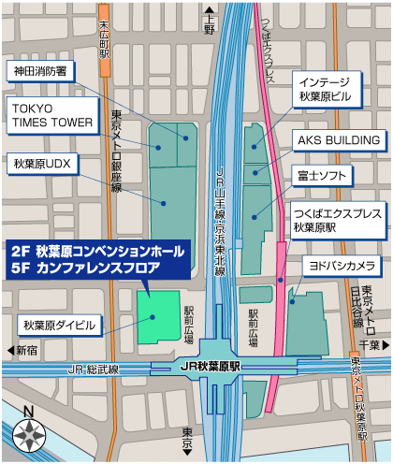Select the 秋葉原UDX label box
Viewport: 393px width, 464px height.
42,165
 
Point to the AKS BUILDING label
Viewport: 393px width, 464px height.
339,140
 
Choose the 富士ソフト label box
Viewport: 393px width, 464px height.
327,175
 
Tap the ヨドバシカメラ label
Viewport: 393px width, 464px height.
342,265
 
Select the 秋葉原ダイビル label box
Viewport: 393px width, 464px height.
60,326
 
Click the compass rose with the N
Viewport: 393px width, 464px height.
29,433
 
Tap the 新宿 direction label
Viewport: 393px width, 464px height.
26,350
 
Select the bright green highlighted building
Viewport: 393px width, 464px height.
158,316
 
